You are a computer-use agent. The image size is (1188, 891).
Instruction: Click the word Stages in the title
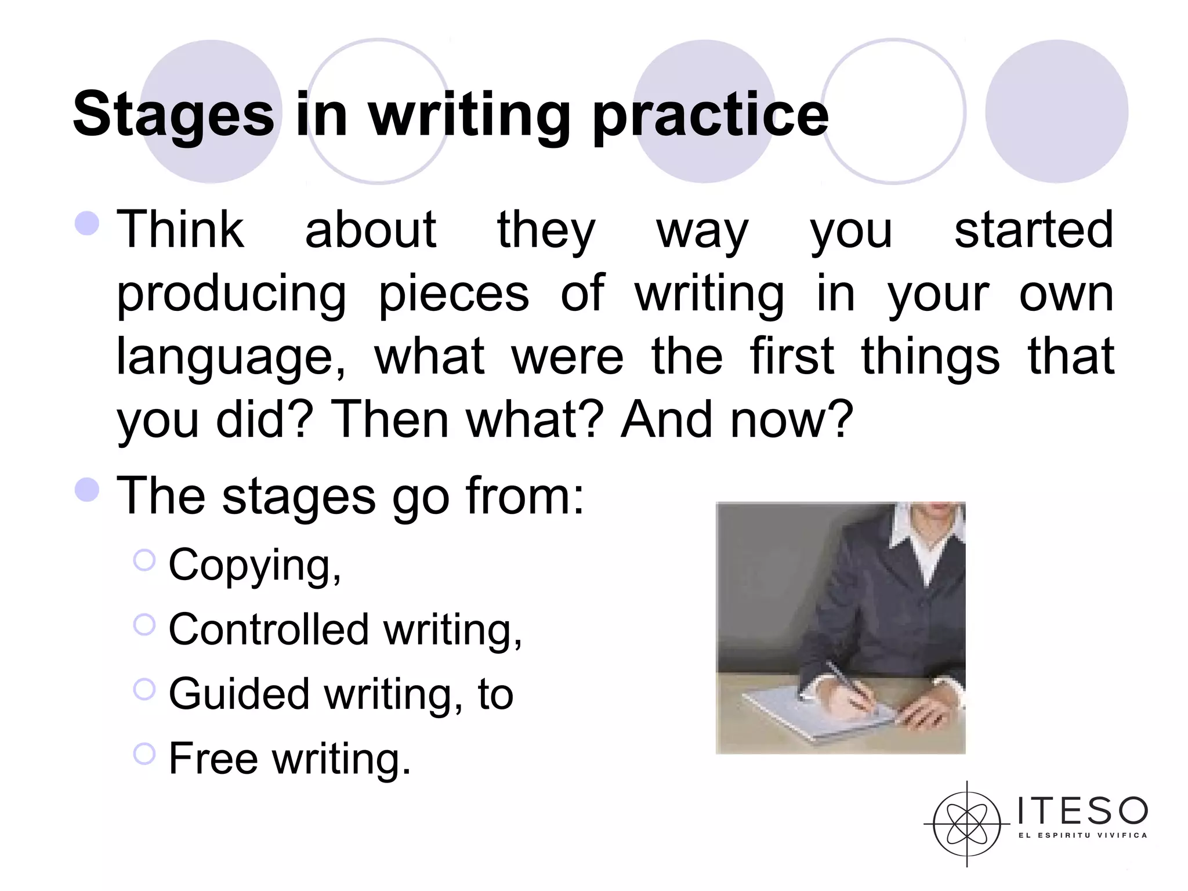coord(173,115)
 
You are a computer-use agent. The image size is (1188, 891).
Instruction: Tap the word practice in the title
coord(710,115)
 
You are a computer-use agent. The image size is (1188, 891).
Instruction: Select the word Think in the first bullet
coord(180,230)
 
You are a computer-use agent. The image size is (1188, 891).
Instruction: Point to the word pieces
coord(454,294)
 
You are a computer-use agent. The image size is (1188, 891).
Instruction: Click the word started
coord(1033,230)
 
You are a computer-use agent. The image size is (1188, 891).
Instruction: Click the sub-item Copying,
coord(255,564)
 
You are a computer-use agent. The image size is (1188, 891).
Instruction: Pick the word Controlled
coord(269,629)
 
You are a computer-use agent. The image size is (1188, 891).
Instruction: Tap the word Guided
coord(239,694)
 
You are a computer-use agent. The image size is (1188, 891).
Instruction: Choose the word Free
coord(213,758)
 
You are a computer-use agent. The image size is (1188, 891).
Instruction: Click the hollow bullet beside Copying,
coord(144,560)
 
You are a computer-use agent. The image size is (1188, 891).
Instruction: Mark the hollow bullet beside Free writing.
coord(144,754)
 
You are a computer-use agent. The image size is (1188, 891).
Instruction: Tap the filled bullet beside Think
coord(87,223)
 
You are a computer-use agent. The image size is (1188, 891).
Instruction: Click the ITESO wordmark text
coord(1082,811)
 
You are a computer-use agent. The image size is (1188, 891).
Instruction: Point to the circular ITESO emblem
coord(966,824)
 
